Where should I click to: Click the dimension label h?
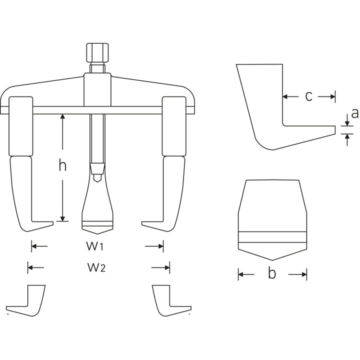(62, 165)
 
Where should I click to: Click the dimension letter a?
(354, 113)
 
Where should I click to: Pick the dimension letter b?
(272, 274)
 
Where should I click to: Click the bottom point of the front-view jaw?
(272, 259)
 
